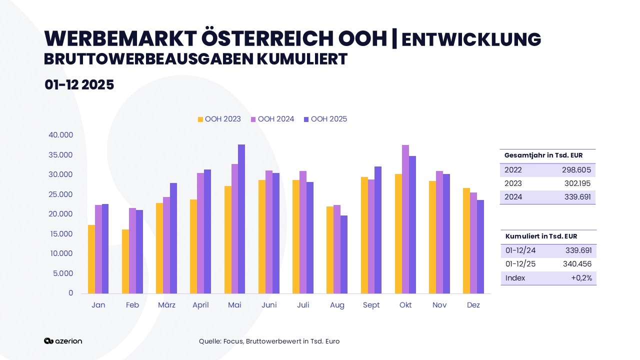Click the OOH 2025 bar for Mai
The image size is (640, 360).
(241, 219)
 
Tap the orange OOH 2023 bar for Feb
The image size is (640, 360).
(125, 261)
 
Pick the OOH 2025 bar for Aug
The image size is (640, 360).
(344, 254)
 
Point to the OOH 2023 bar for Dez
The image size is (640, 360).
(466, 240)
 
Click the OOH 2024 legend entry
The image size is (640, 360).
(272, 119)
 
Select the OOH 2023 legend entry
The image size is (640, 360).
(219, 119)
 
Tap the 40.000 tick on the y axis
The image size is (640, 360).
(61, 135)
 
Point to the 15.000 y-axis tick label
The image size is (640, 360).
(61, 234)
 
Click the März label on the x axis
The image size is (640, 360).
(166, 305)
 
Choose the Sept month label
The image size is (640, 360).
(371, 305)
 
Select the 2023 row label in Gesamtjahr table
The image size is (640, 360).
(513, 183)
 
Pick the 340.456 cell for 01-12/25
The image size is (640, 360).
(578, 264)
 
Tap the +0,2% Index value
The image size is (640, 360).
(581, 278)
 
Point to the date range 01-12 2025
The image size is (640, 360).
(79, 85)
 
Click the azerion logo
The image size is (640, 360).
(63, 341)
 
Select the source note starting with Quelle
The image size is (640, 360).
(269, 341)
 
